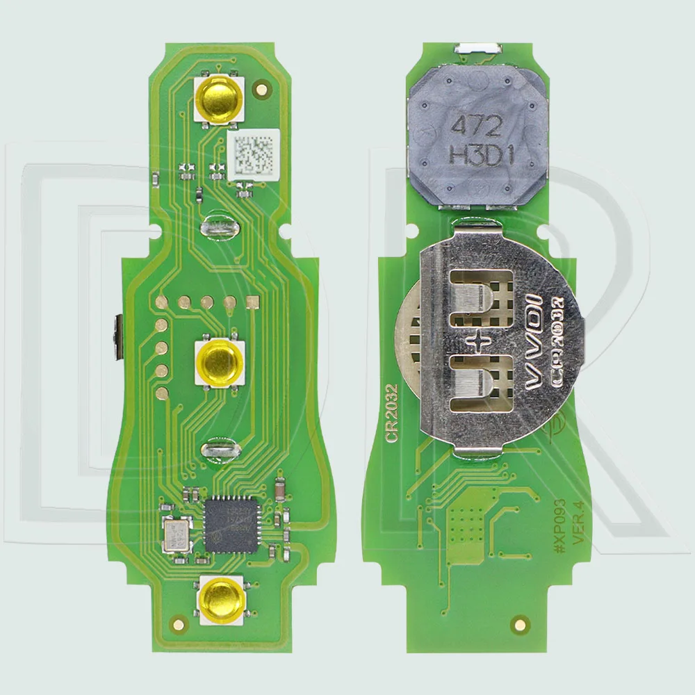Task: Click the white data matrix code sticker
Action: tap(253, 154)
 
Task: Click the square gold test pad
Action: tap(252, 302)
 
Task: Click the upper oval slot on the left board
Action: tap(219, 226)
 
